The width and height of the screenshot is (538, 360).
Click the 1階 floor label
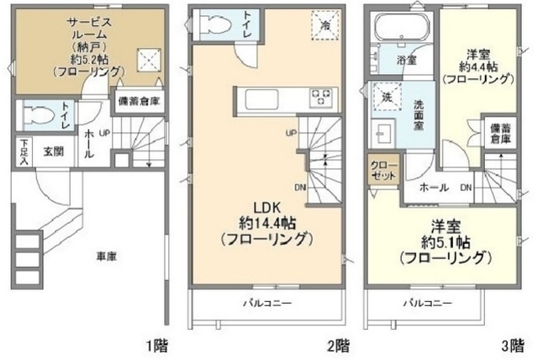coord(160,345)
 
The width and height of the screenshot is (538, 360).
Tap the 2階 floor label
coord(338,345)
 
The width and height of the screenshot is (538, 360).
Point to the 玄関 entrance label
coord(54,152)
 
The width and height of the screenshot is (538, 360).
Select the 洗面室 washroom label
coord(419,115)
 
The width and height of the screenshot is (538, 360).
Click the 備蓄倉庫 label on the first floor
coord(139,101)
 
